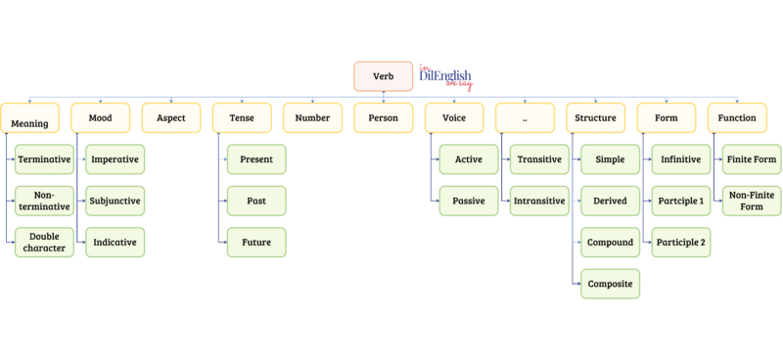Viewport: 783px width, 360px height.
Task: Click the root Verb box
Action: (x=383, y=76)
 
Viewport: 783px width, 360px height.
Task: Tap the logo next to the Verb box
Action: (x=445, y=76)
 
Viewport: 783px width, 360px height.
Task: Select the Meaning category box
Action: (x=30, y=119)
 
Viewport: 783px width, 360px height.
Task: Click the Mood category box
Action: (x=100, y=117)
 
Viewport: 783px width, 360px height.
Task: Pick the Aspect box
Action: (x=170, y=117)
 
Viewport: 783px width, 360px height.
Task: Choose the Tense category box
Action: (x=241, y=117)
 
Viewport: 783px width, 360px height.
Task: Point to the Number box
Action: (x=312, y=117)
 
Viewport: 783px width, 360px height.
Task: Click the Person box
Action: (x=383, y=117)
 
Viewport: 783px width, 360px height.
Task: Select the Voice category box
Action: (x=453, y=117)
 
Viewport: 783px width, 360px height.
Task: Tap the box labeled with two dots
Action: (x=524, y=117)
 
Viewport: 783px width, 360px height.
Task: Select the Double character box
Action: (x=44, y=242)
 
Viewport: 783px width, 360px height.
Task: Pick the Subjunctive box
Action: (x=115, y=201)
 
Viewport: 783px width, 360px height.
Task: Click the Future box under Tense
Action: (x=255, y=242)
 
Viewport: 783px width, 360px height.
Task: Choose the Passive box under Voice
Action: (x=467, y=201)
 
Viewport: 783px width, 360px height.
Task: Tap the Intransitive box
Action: (x=538, y=201)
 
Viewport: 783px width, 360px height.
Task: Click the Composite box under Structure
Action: (x=609, y=284)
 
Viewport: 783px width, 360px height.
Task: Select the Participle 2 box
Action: (x=679, y=242)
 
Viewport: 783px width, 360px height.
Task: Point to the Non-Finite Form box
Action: (x=750, y=201)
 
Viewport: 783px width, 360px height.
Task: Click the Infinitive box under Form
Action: (x=679, y=159)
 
